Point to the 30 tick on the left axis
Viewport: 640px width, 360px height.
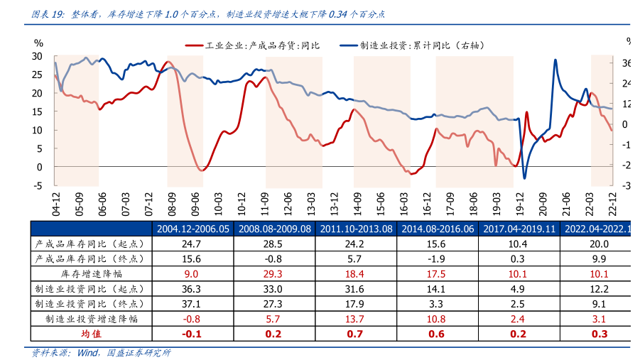point(38,56)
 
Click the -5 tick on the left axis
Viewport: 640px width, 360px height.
point(38,186)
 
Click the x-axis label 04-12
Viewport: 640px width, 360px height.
point(55,202)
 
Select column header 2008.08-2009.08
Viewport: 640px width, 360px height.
point(275,229)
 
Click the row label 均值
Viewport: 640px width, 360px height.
point(91,334)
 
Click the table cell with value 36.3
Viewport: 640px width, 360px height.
point(191,289)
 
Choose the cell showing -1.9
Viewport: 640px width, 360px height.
point(436,258)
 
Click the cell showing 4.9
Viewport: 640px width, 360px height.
point(517,289)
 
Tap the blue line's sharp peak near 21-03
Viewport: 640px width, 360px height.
point(555,60)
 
